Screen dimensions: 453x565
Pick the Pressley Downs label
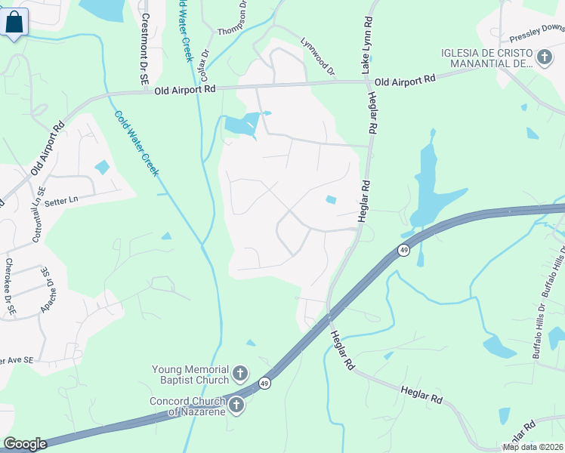pos(537,33)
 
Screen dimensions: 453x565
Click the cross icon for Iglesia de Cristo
pos(544,57)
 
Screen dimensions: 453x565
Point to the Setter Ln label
pos(63,200)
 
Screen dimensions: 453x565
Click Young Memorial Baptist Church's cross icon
pos(239,374)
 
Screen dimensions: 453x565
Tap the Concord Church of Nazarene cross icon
pos(236,405)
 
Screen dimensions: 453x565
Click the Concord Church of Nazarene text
pos(187,406)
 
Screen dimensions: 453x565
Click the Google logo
pos(25,444)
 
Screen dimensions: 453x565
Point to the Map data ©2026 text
pos(532,447)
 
